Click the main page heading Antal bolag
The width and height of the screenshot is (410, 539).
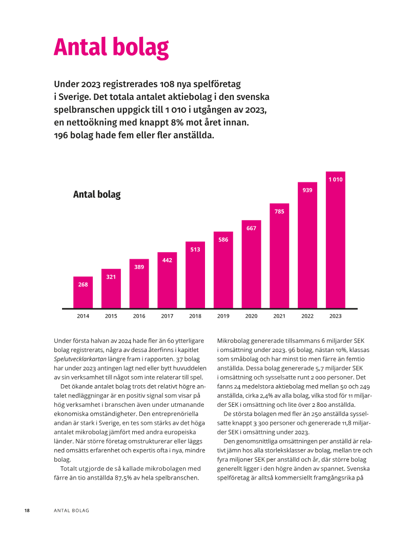(x=111, y=48)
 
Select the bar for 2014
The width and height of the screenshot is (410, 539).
(x=83, y=295)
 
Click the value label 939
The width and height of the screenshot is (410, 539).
(x=307, y=190)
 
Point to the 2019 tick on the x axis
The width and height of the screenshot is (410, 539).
(x=223, y=316)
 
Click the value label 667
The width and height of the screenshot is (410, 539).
(x=251, y=229)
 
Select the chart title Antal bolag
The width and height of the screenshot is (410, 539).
(x=97, y=195)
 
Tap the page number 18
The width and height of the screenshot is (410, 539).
(x=27, y=511)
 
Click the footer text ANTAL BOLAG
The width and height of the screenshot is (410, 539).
(x=72, y=511)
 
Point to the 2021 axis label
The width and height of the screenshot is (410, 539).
(x=279, y=316)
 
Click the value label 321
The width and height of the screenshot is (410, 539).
(x=111, y=277)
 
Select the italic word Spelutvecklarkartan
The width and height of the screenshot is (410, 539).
(x=81, y=359)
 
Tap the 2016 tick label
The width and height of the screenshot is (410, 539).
(x=139, y=316)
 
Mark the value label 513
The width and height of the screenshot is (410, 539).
(x=195, y=250)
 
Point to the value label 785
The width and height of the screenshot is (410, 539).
(x=279, y=211)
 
